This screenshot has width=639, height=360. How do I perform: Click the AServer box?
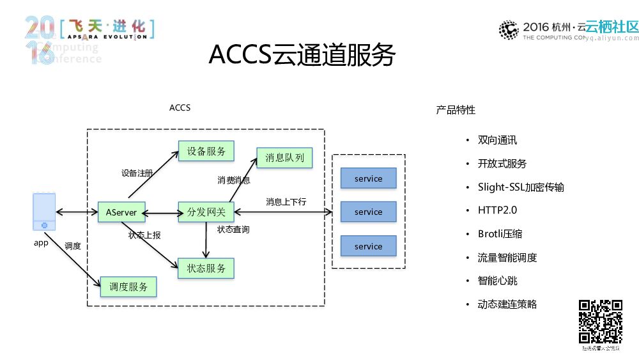click(121, 212)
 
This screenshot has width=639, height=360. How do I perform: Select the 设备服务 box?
click(206, 152)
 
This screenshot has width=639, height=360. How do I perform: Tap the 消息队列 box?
click(284, 158)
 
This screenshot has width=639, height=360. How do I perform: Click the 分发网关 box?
click(206, 212)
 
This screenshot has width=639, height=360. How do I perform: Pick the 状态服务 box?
click(206, 269)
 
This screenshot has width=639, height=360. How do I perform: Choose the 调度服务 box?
click(128, 287)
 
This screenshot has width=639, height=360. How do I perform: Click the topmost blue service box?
click(368, 178)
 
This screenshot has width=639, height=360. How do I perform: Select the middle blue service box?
click(368, 212)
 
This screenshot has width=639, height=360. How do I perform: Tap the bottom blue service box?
click(368, 246)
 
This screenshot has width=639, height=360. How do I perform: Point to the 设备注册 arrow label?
click(137, 173)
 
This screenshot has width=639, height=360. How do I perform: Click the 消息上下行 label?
click(286, 202)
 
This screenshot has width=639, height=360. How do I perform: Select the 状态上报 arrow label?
click(144, 235)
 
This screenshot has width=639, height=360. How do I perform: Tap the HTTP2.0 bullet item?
click(497, 210)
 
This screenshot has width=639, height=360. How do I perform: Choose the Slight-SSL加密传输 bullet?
click(520, 187)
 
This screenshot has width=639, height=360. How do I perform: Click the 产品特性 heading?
click(456, 110)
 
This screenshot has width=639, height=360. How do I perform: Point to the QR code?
click(601, 322)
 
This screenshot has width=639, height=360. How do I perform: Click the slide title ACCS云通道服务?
click(302, 56)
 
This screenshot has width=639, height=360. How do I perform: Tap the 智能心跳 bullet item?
click(498, 281)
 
